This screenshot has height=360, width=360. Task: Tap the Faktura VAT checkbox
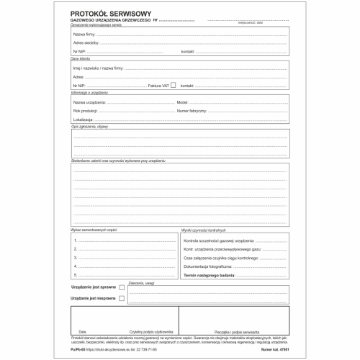[x=173, y=84]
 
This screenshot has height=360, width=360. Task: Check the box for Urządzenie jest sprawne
[x=121, y=287]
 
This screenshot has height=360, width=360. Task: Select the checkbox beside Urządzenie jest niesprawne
[x=121, y=297]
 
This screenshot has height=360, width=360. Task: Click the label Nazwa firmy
[x=86, y=34]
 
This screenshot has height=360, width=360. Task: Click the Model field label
[x=182, y=103]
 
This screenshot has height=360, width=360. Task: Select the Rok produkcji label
[x=86, y=111]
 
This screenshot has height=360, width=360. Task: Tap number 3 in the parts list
[x=74, y=256]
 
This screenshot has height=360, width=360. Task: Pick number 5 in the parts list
[x=74, y=274]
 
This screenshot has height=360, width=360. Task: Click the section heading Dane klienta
[x=81, y=58]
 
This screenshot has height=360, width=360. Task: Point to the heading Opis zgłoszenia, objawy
[x=89, y=126]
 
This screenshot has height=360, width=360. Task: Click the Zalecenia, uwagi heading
[x=141, y=282]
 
